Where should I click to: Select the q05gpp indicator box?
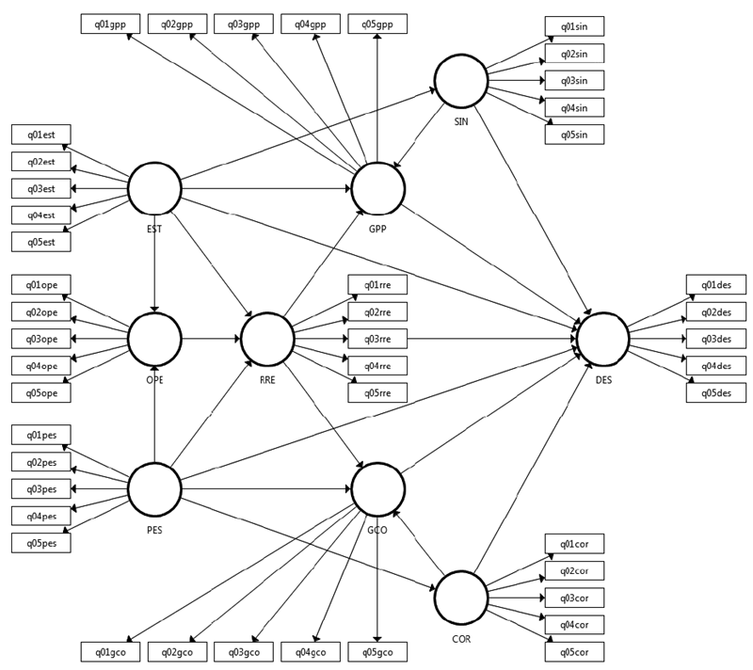coord(377,24)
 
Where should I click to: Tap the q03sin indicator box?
coord(574,80)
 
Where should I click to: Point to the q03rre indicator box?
coord(377,339)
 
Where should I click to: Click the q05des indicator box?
coord(715,392)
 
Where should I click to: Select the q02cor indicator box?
coord(574,570)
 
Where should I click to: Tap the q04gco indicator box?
coord(311,651)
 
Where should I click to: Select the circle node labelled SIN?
coord(460,81)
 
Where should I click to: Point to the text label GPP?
coord(377,228)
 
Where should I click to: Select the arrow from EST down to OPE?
coord(153,263)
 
